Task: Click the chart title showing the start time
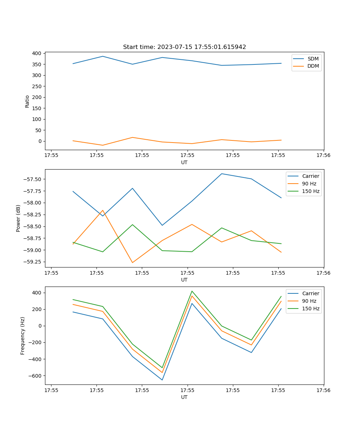point(184,47)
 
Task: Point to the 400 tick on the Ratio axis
point(36,53)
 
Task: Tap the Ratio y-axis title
point(27,101)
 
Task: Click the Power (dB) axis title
point(18,218)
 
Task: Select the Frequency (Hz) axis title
point(23,336)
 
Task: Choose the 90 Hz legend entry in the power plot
point(309,184)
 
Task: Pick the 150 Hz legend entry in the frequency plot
point(311,309)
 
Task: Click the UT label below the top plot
point(184,162)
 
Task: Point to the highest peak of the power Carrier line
point(221,174)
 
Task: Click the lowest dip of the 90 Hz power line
point(132,262)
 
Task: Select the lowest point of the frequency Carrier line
point(162,380)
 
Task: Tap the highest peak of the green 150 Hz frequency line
point(192,291)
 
